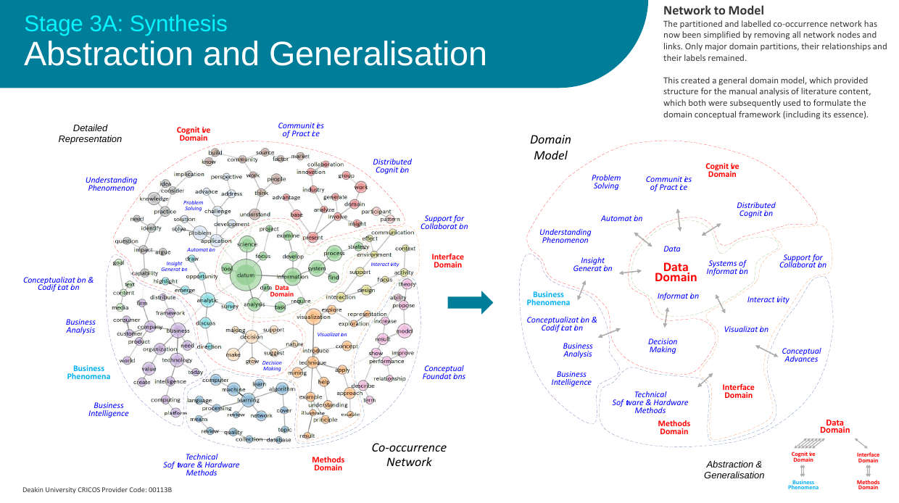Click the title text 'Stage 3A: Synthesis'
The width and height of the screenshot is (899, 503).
125,23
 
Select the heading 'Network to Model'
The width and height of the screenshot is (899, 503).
713,10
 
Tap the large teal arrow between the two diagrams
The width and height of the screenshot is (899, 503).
470,302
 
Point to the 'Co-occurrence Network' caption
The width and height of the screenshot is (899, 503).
409,454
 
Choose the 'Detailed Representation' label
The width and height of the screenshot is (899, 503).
90,133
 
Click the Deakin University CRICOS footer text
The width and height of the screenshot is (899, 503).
96,489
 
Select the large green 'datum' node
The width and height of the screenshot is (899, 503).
246,275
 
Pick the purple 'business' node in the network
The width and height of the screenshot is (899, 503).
178,331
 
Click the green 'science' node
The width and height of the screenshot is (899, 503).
247,244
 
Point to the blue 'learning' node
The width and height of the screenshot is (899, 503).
249,399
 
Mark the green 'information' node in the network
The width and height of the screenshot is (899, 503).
292,276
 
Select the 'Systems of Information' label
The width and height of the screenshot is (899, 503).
726,267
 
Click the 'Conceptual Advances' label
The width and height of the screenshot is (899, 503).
801,355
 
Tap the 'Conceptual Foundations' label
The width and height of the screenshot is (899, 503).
444,373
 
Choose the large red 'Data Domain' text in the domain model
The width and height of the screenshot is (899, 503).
675,273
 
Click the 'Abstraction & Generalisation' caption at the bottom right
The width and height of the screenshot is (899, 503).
734,470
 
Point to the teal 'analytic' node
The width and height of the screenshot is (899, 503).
207,300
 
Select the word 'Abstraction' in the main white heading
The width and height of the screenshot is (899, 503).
107,55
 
